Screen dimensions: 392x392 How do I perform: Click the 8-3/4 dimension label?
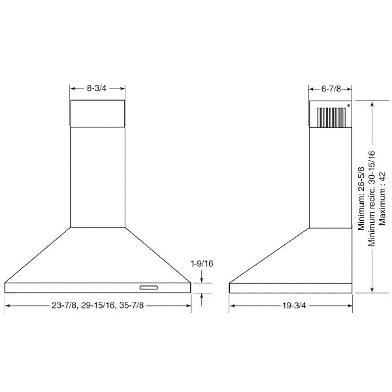(x=97, y=88)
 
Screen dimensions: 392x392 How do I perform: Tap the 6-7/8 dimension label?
(x=331, y=88)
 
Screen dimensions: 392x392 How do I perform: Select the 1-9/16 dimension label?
(x=202, y=263)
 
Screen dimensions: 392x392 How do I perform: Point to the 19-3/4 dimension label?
(x=294, y=306)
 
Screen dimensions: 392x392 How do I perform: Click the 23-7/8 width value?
(x=64, y=306)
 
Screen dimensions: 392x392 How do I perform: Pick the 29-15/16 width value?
(x=98, y=306)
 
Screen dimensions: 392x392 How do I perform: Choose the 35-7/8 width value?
(x=131, y=306)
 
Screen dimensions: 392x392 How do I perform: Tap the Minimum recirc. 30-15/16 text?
(x=372, y=199)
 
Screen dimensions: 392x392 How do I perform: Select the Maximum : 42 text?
(x=382, y=199)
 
